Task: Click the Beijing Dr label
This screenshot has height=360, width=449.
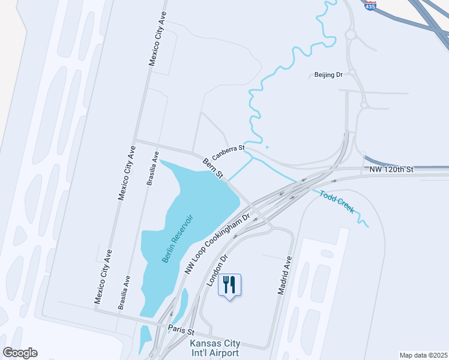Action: coord(328,75)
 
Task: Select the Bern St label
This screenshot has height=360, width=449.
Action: coord(213,168)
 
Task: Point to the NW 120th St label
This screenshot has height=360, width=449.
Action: coord(391,170)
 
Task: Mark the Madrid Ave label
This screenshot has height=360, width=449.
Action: coord(284,275)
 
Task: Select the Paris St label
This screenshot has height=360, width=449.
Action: coord(181,331)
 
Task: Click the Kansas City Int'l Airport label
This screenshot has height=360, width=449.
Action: coord(215,349)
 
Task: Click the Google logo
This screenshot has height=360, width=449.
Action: coord(20,353)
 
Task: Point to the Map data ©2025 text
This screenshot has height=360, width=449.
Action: coord(423,355)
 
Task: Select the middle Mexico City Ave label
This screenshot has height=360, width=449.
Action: coord(126,173)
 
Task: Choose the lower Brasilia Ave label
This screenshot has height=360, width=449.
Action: coord(124,292)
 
